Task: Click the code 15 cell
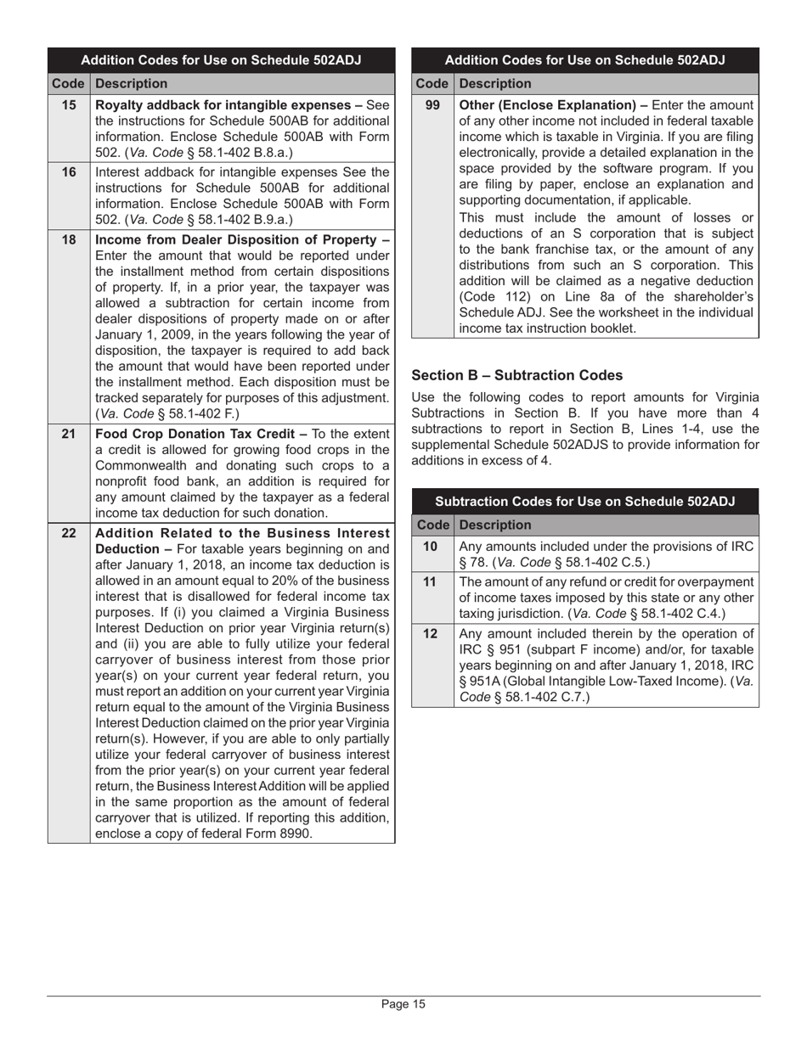(69, 105)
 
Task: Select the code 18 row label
(69, 239)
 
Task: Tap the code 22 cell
(69, 533)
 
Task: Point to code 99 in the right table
(432, 105)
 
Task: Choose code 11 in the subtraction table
(432, 581)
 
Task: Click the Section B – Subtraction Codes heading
(516, 375)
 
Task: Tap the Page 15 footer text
(403, 1004)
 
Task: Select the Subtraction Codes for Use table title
(584, 501)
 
